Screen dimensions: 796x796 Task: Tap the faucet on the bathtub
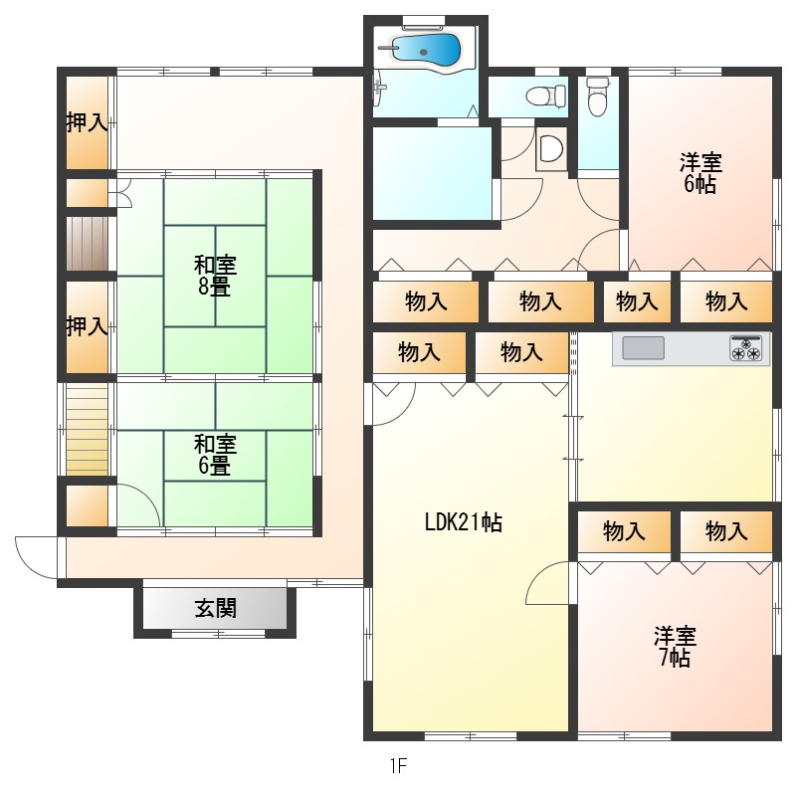pos(388,47)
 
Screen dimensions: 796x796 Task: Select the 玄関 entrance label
pos(216,608)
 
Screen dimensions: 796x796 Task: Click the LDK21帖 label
pos(464,522)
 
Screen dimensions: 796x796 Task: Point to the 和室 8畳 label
pos(215,276)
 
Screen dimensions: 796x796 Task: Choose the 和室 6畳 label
pos(215,455)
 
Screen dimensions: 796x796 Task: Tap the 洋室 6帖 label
pos(700,173)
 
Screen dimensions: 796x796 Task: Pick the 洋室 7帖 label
pos(676,646)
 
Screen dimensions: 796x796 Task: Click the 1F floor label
pos(399,765)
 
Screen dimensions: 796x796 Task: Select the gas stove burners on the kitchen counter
pos(745,349)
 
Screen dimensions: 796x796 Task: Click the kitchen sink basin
pos(643,348)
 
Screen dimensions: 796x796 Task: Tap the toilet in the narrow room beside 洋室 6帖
pos(598,96)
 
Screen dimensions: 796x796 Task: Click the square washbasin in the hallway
pos(551,148)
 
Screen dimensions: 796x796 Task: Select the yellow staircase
pos(88,430)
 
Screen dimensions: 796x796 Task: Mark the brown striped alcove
pos(88,244)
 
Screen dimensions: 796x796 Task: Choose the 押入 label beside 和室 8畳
pos(88,326)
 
